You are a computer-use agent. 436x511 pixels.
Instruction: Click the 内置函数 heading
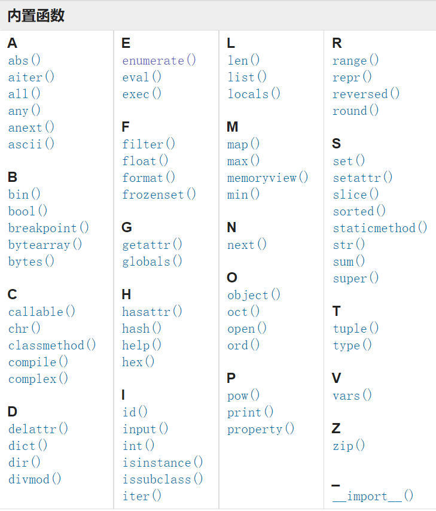[36, 16]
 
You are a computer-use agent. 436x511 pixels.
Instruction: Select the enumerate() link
[159, 60]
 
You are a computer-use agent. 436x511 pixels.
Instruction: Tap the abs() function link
[25, 60]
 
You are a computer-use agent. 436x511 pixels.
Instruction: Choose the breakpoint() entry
[48, 228]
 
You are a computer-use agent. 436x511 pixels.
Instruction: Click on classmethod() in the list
[52, 345]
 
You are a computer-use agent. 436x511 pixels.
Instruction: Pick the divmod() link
[35, 479]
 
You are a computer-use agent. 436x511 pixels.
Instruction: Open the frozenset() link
[159, 194]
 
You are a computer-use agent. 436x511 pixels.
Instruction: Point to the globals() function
[153, 261]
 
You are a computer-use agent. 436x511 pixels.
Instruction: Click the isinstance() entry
[163, 463]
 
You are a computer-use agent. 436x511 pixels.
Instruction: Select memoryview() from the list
[268, 178]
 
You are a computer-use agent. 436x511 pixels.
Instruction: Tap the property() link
[261, 429]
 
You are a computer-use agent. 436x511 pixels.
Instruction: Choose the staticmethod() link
[380, 228]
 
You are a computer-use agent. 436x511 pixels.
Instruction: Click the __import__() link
[373, 496]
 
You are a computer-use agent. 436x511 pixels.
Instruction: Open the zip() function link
[349, 446]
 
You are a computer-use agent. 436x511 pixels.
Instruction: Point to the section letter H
[126, 294]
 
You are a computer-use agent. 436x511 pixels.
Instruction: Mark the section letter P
[231, 378]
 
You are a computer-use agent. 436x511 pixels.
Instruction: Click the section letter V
[337, 378]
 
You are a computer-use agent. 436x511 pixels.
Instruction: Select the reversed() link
[366, 94]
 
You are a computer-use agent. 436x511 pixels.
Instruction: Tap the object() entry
[254, 295]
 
